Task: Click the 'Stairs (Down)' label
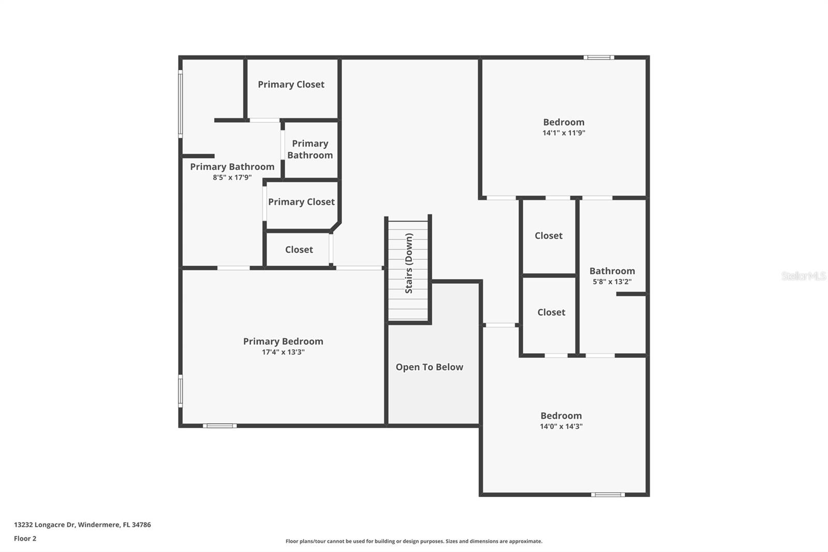[x=409, y=263]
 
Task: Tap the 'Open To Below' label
[x=429, y=367]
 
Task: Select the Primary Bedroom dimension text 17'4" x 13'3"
[x=283, y=352]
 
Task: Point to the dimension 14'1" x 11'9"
[x=564, y=133]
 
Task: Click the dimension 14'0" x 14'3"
[x=561, y=427]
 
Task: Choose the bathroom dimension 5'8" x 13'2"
[x=612, y=282]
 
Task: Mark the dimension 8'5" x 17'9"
[x=232, y=178]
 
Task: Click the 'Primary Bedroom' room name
[x=283, y=341]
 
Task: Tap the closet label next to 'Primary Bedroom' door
[x=299, y=250]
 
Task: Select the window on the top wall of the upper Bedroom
[x=599, y=57]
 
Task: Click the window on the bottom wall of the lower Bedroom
[x=608, y=495]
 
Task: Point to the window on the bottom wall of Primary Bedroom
[x=219, y=426]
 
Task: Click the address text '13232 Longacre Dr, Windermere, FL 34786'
[x=82, y=525]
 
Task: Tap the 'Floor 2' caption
[x=25, y=539]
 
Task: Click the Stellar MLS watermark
[x=803, y=276]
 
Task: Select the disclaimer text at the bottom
[x=414, y=541]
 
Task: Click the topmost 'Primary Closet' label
[x=291, y=84]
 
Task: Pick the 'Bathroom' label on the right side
[x=612, y=271]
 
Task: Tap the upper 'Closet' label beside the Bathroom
[x=548, y=236]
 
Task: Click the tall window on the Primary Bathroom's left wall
[x=181, y=104]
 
